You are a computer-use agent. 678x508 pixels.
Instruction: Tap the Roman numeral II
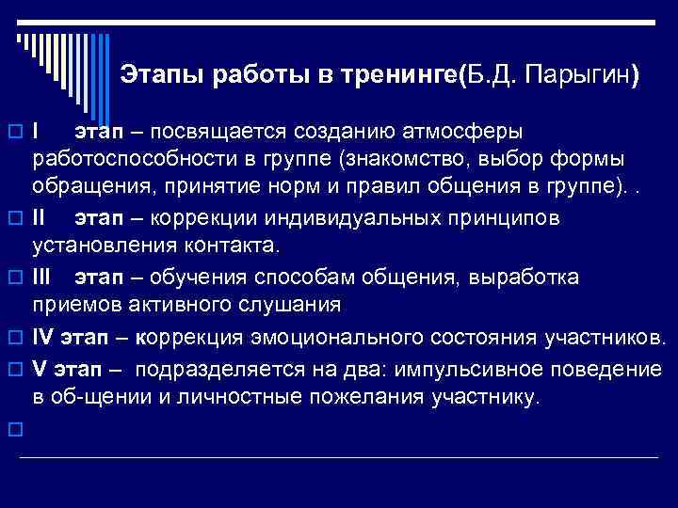point(40,218)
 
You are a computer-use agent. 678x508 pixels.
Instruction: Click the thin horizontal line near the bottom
point(339,458)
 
